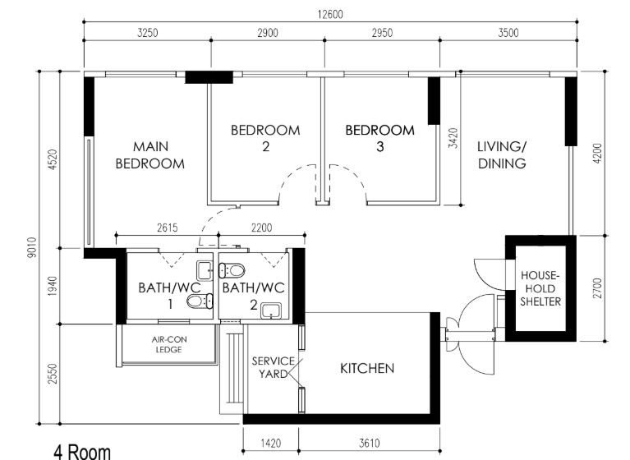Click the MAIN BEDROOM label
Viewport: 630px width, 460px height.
(149, 154)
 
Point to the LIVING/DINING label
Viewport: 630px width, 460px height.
(502, 154)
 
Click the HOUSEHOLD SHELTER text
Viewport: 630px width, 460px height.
(540, 288)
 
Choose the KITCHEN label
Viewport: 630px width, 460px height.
(367, 368)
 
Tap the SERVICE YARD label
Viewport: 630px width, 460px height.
(269, 367)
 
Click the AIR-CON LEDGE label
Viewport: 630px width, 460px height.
(167, 343)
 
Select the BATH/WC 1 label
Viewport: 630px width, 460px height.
(164, 296)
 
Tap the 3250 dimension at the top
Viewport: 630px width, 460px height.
(147, 34)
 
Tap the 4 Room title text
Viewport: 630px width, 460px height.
(81, 451)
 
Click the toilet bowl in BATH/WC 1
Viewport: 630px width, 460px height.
(196, 301)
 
